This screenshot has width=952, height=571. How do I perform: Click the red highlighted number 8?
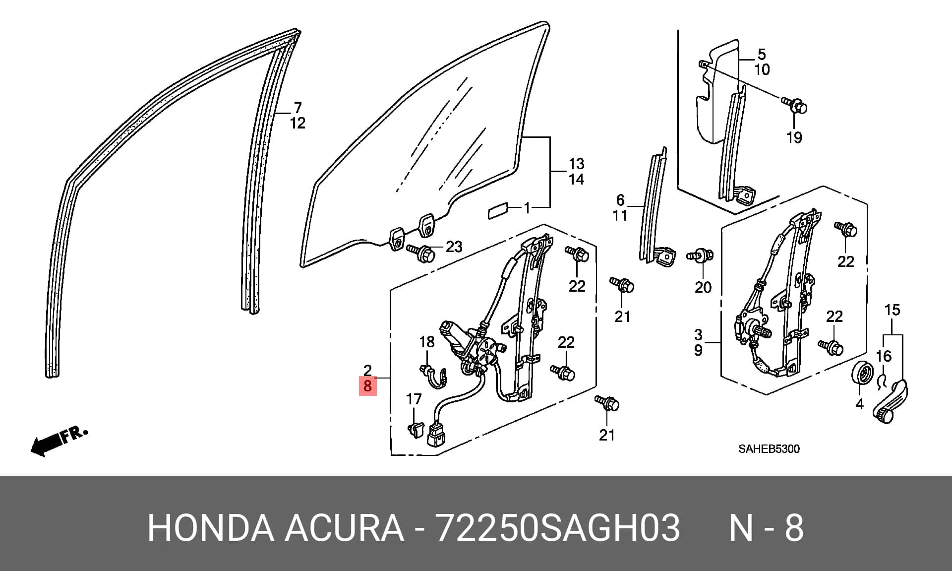(x=367, y=385)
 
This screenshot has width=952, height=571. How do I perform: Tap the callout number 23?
(x=454, y=247)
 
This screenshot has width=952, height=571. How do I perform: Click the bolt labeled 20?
(x=700, y=256)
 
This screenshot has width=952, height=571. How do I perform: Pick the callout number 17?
(x=414, y=399)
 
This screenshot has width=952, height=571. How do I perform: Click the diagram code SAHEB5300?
(x=769, y=449)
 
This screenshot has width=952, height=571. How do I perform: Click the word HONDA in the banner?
(x=210, y=528)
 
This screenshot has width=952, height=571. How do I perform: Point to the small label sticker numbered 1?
(x=497, y=210)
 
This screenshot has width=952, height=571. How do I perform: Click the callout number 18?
(x=427, y=342)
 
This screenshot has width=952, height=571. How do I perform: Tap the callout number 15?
(x=892, y=310)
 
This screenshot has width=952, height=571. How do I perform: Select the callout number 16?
(x=884, y=356)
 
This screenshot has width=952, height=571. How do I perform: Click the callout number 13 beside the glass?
(x=576, y=164)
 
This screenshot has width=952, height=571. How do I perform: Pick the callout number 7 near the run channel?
(x=297, y=107)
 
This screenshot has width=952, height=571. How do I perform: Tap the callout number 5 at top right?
(x=762, y=54)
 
